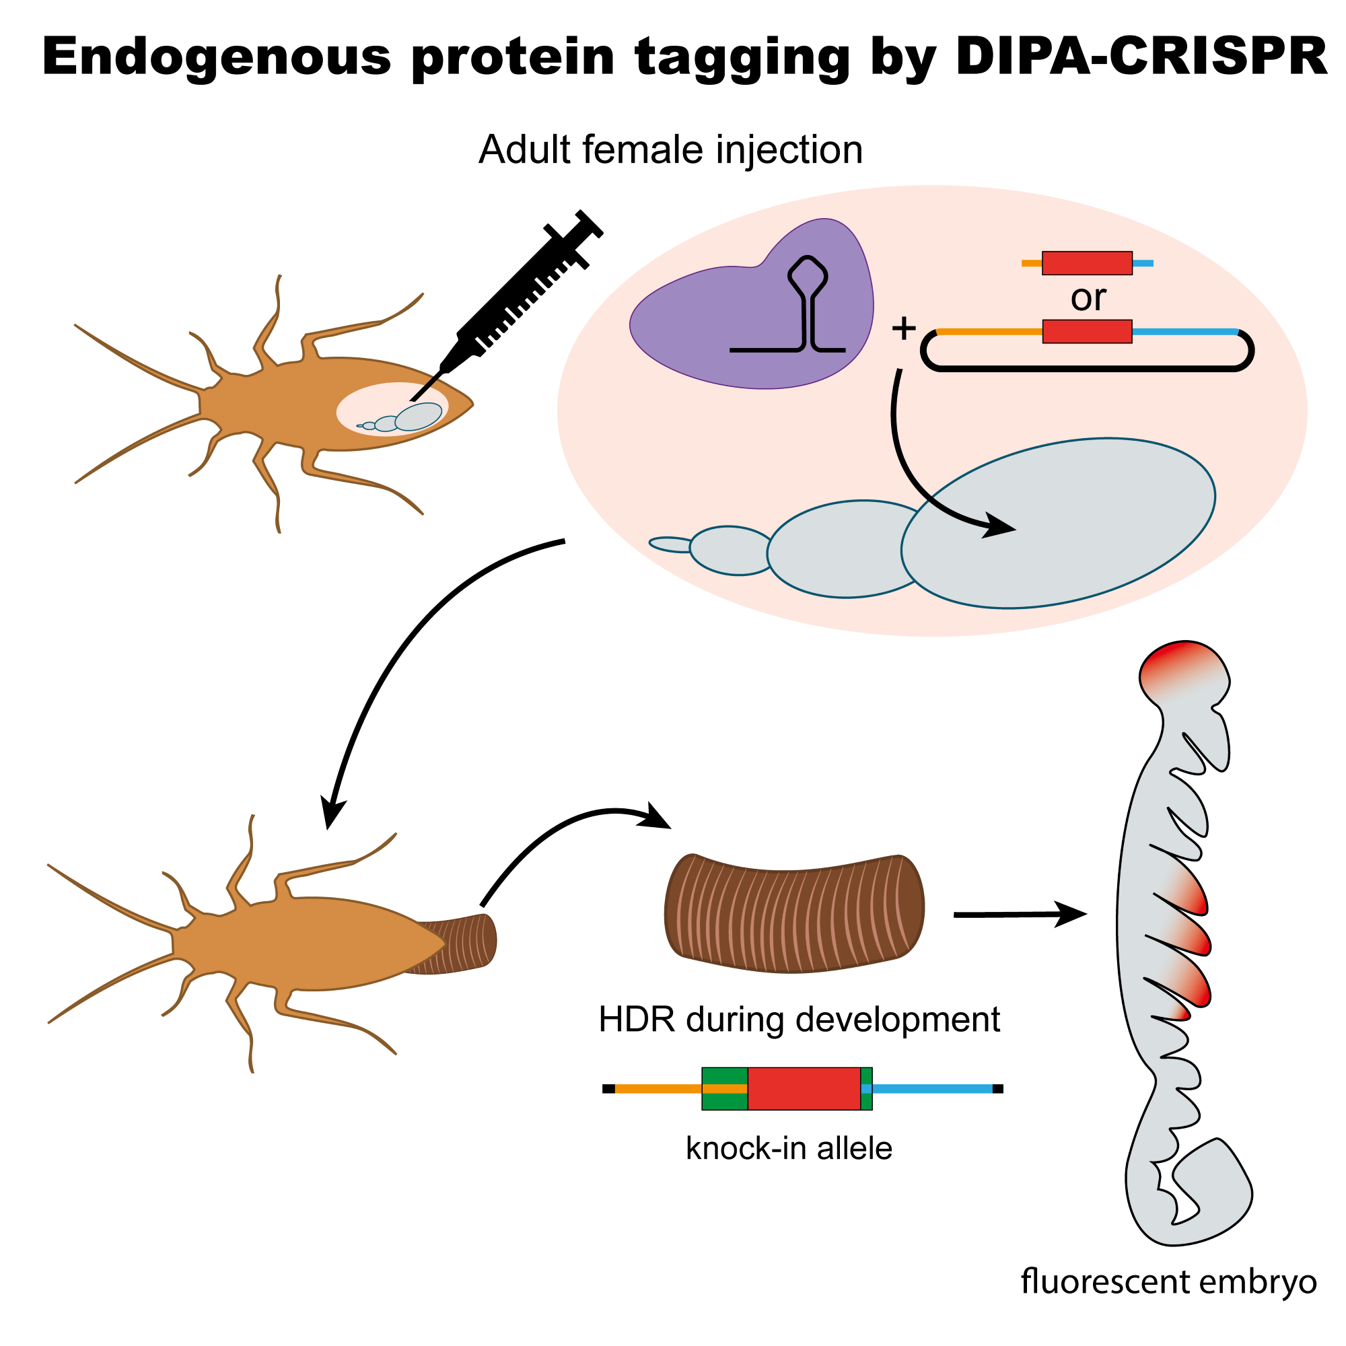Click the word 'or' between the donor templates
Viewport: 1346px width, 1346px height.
[x=1088, y=298]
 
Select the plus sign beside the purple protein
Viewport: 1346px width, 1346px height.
[x=904, y=328]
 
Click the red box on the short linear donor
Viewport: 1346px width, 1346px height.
[x=1087, y=263]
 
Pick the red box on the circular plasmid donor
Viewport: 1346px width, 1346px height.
[x=1087, y=332]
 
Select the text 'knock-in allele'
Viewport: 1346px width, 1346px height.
[x=789, y=1148]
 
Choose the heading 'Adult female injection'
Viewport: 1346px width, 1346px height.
[x=670, y=150]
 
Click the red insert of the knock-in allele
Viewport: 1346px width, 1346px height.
[x=804, y=1088]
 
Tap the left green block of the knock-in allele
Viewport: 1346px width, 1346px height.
[x=725, y=1088]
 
